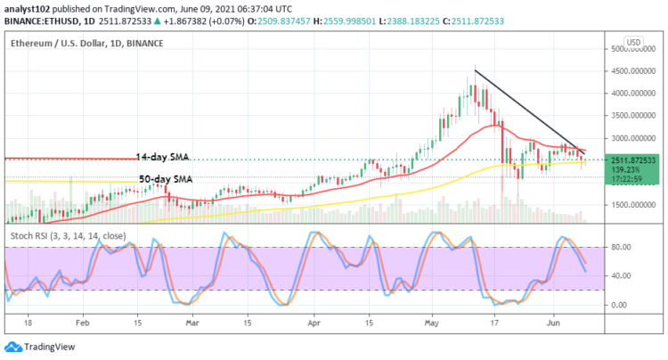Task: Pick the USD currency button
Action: [634, 42]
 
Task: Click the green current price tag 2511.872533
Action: [633, 160]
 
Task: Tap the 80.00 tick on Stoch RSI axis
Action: [621, 247]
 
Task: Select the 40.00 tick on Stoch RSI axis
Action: [621, 275]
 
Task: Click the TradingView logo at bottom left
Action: [44, 347]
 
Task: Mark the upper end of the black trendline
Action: [475, 70]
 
